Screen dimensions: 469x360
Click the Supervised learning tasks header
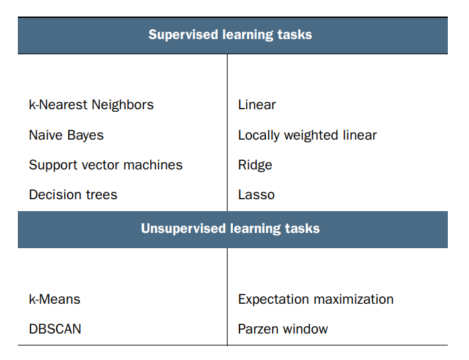tap(230, 34)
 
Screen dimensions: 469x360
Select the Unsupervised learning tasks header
tap(230, 229)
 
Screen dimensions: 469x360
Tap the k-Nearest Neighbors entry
tap(91, 105)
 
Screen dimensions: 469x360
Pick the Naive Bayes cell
tap(66, 135)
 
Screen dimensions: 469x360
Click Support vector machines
tap(106, 165)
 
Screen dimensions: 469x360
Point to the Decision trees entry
tap(73, 195)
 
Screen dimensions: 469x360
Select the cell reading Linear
tap(257, 105)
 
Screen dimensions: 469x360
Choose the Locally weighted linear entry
tap(307, 135)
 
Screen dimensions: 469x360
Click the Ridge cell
tap(255, 165)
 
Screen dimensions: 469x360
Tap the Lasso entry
tap(256, 195)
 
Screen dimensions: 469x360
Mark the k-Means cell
tap(54, 299)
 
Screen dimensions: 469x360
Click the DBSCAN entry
tap(55, 329)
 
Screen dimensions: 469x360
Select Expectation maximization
tap(316, 299)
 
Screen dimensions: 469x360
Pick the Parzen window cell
tap(282, 329)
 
